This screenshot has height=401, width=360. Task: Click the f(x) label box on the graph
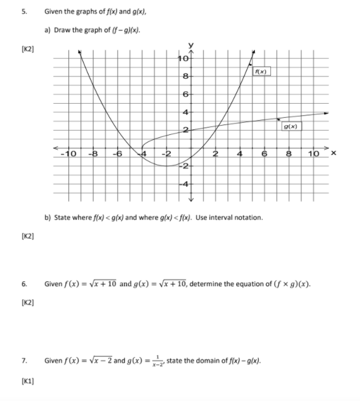point(262,72)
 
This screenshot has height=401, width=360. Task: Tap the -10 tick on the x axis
point(69,154)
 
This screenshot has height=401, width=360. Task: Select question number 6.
point(24,284)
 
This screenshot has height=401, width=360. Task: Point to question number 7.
point(24,360)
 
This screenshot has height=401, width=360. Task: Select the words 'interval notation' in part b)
point(242,218)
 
